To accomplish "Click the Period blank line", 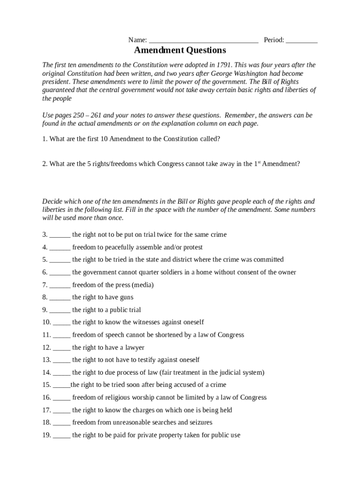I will (302, 41).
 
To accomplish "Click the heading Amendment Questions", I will (180, 50).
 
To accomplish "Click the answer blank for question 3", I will (60, 235).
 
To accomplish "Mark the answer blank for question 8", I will (60, 298).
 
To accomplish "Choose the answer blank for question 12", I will (62, 348).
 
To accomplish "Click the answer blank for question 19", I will (62, 435).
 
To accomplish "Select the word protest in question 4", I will (192, 247).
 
